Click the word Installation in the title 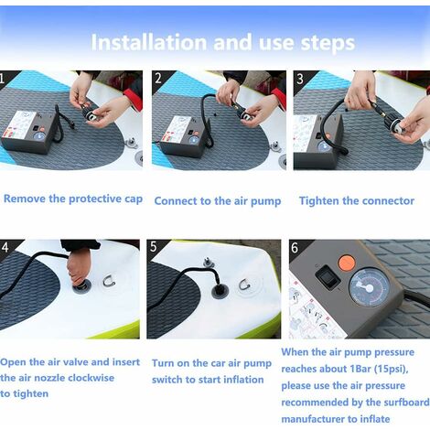[149, 42]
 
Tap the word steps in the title [328, 43]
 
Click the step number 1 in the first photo [2, 79]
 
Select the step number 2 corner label [158, 79]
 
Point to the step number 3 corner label [300, 79]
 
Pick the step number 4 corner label [5, 247]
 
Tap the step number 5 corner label [153, 247]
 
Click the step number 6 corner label [295, 247]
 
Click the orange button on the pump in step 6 [347, 263]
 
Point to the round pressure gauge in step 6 [369, 287]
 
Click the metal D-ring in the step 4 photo [109, 281]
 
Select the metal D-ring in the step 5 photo [244, 285]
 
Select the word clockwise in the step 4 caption [91, 378]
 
